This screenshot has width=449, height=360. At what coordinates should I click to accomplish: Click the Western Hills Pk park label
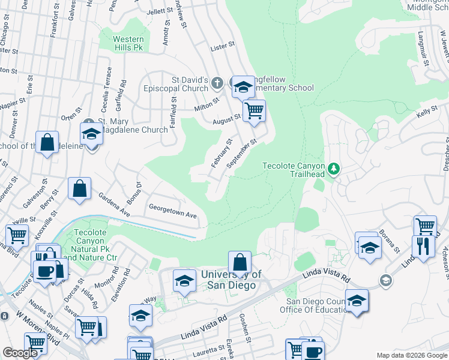coord(128,43)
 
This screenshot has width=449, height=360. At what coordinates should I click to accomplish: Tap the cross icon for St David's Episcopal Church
coord(217,82)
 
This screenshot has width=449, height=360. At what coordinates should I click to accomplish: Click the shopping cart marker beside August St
coord(255,110)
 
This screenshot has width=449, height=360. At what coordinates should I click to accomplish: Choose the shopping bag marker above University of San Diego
coord(240,262)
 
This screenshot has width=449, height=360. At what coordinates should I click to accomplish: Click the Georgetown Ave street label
coord(173,215)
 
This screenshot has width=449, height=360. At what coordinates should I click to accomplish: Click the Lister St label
coord(221,47)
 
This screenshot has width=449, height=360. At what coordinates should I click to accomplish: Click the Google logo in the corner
coord(20,353)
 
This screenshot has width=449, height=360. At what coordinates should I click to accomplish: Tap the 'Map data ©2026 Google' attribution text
coord(411,355)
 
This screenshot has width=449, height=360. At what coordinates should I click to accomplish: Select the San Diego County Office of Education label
coord(318,305)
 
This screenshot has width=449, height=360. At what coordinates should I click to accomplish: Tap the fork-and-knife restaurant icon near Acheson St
coord(423,246)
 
